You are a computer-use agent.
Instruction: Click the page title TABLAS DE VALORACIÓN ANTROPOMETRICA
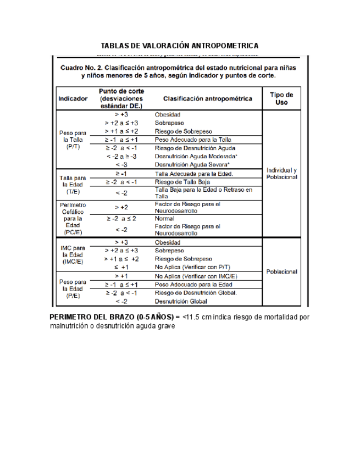coord(180,45)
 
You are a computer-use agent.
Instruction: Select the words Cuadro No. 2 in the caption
coord(85,68)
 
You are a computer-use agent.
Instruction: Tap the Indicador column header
coord(73,99)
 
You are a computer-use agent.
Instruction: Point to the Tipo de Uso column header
coord(281,99)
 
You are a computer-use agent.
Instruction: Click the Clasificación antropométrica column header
coord(208,99)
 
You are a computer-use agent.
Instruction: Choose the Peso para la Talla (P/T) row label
coord(73,140)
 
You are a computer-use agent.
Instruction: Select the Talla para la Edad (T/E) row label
coord(73,185)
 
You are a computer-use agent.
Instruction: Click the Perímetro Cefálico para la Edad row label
coord(73,218)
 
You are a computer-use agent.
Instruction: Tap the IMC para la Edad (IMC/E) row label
coord(73,254)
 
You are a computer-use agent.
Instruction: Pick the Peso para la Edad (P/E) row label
coord(73,288)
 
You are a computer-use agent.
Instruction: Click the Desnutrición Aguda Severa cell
coord(192,164)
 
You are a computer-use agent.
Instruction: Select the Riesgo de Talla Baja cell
coord(182,182)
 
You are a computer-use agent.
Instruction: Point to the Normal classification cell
coord(165,218)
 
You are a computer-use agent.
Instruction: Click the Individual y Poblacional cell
coord(281,173)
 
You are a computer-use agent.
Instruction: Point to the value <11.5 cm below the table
coord(197,317)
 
